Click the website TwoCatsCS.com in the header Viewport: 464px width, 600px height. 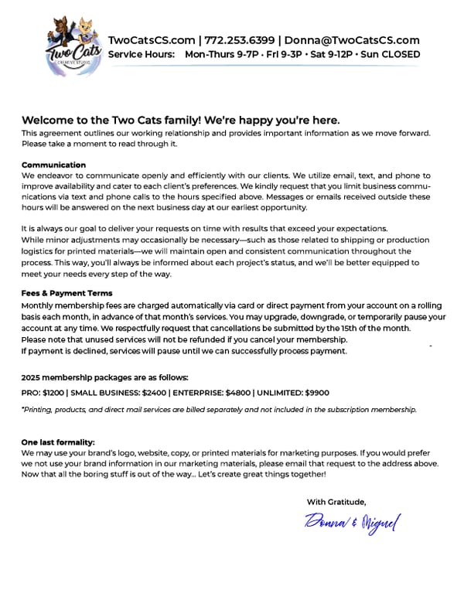pos(152,40)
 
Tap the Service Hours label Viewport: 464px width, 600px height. pos(142,55)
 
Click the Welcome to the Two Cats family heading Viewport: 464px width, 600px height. pos(181,120)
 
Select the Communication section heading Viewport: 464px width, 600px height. pos(53,165)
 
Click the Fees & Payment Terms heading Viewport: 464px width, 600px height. pos(67,293)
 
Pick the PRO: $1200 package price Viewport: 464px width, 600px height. pos(43,393)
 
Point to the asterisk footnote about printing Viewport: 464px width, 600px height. pos(219,409)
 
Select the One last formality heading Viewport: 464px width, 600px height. pos(58,441)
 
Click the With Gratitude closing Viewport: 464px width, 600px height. pos(336,502)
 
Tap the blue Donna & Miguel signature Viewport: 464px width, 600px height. pos(352,523)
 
